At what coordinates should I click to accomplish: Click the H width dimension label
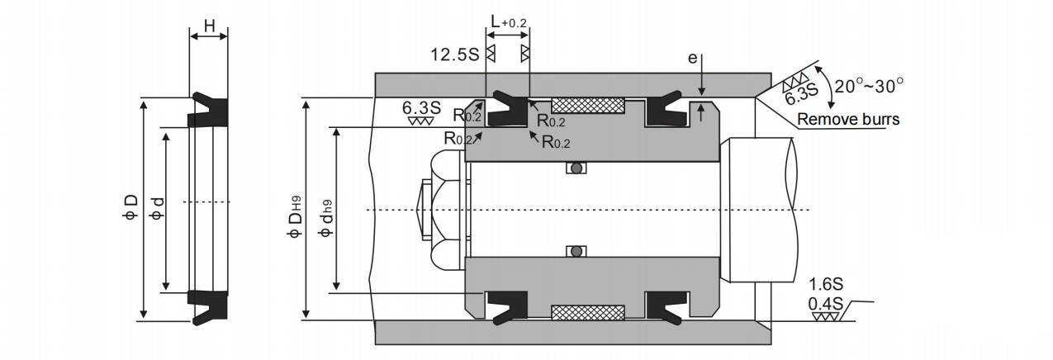209,26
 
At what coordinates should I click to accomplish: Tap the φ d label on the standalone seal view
156,210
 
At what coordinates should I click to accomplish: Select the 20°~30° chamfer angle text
868,84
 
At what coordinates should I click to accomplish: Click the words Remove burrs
848,120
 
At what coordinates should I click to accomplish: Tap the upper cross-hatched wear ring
587,106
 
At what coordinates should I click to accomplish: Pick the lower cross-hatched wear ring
587,313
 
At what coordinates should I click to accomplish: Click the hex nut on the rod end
438,210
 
